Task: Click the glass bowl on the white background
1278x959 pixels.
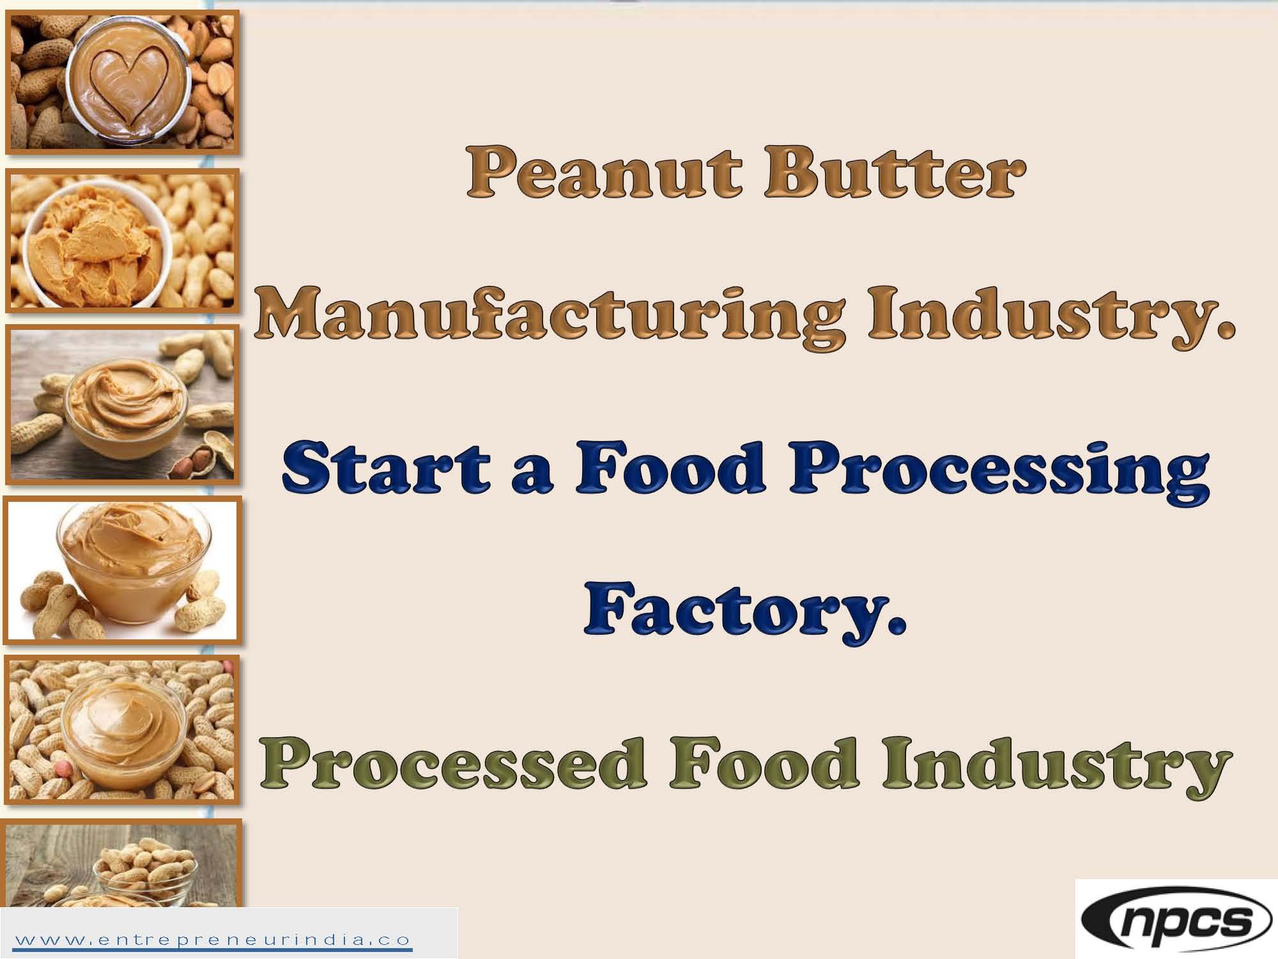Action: tap(128, 563)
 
